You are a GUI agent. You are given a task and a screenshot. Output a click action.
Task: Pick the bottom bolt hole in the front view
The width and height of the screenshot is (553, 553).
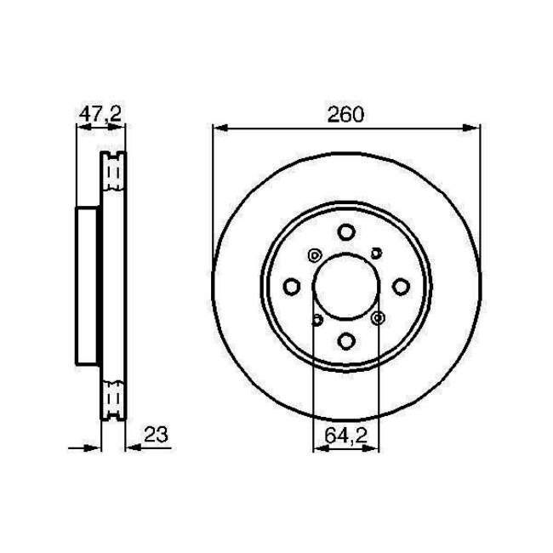point(345,340)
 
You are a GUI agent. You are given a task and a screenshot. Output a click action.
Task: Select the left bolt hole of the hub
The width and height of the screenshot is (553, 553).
point(291,287)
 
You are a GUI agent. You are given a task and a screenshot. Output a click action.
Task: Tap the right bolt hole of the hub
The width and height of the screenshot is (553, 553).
point(400,287)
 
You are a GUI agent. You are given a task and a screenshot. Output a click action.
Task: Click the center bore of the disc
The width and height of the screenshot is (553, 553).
point(345,287)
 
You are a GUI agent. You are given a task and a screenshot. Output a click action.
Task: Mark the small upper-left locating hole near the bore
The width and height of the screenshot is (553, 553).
point(314,254)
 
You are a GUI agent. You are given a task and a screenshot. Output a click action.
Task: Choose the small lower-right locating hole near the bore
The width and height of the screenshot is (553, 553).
point(377,318)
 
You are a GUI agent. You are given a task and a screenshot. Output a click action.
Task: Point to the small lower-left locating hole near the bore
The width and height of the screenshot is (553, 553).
point(316,320)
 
